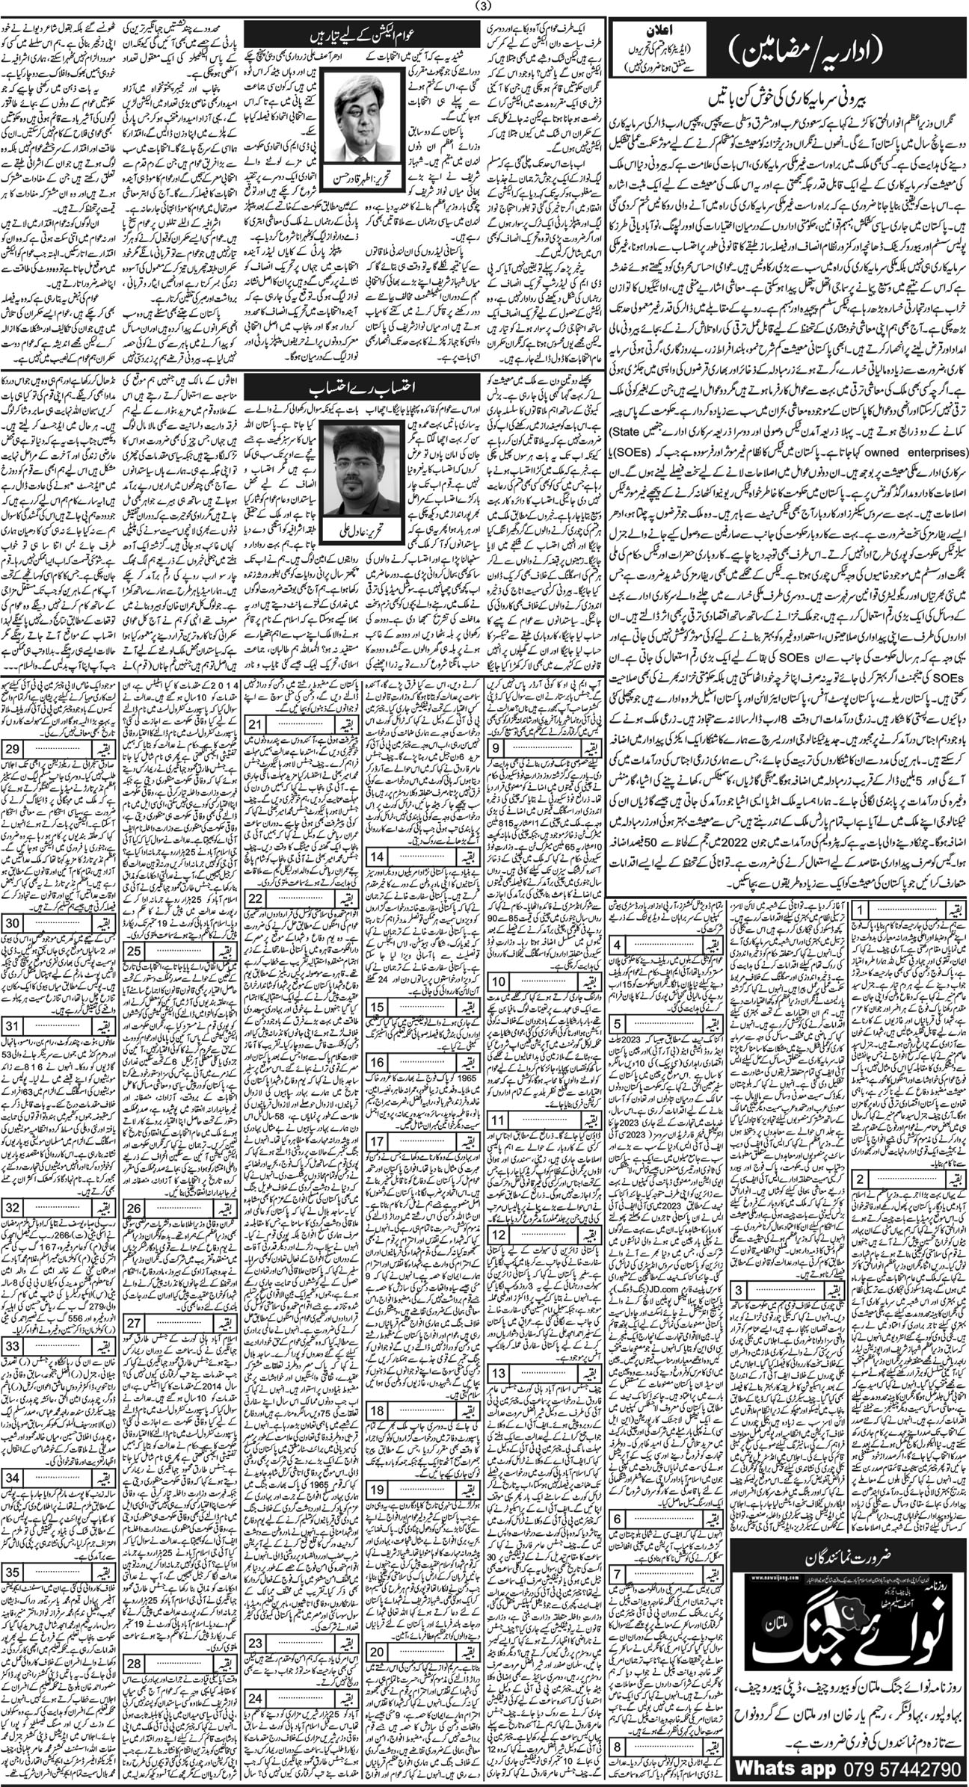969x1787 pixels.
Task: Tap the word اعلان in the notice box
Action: point(650,31)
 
